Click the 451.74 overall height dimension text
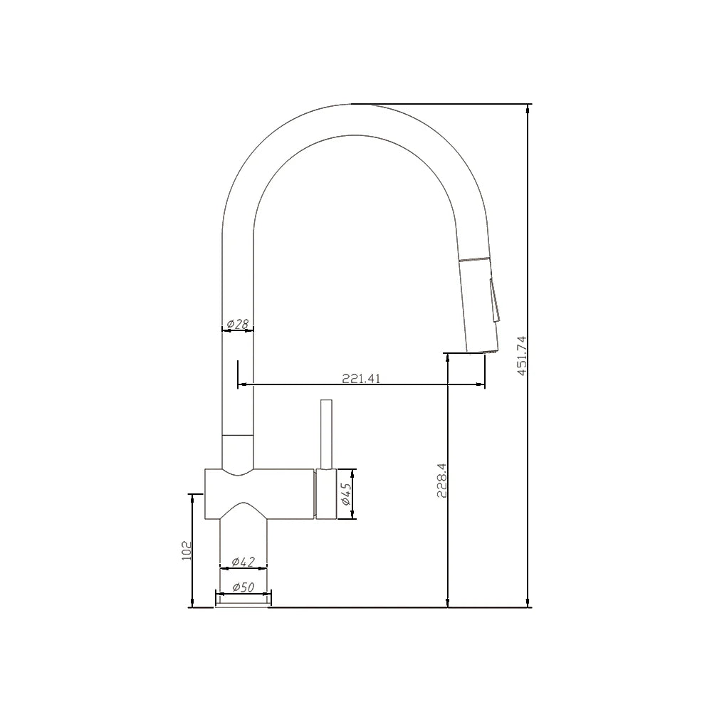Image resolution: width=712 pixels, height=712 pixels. pos(521,355)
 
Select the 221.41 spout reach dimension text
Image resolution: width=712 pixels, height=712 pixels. pos(361,379)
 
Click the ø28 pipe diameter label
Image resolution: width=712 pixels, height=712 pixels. pos(238,325)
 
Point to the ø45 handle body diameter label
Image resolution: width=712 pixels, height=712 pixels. pos(345,493)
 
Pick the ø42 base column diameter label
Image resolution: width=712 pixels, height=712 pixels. pos(244,562)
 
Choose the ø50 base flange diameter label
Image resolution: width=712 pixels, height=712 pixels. pos(244,587)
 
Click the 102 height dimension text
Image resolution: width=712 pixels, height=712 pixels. pos(187,550)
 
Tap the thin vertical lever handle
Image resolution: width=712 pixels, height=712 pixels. pos(327,434)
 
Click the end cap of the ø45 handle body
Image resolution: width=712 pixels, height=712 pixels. pos(325,495)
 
